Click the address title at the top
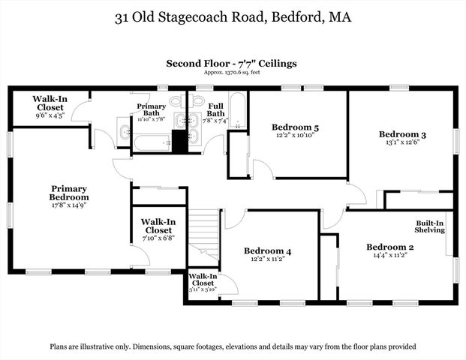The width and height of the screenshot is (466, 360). pos(232,16)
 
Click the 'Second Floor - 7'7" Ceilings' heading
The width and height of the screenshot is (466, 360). pos(232,64)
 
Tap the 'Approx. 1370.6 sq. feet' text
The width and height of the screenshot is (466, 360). pos(232,73)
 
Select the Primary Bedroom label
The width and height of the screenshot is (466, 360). pos(69,193)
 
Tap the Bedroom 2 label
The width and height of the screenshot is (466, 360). pos(389,247)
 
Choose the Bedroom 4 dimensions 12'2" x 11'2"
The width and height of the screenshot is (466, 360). pos(269,259)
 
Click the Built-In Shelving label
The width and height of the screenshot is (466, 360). pos(431,226)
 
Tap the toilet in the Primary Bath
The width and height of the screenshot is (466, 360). pos(176,100)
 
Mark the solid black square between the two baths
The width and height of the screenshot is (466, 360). pos(179,141)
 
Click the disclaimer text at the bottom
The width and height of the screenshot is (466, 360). pos(233,347)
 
